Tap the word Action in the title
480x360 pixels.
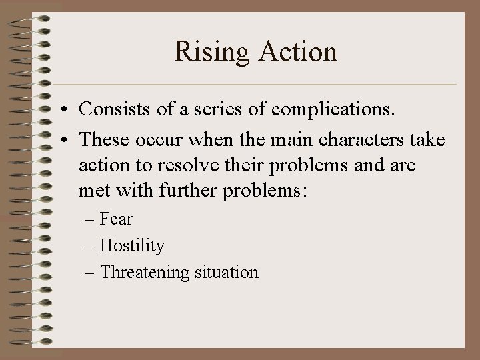(298, 52)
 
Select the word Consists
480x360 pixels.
(114, 109)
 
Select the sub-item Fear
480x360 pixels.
(116, 219)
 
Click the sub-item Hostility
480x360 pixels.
(131, 245)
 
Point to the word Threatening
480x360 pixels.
(143, 273)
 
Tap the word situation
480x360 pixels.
(225, 273)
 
